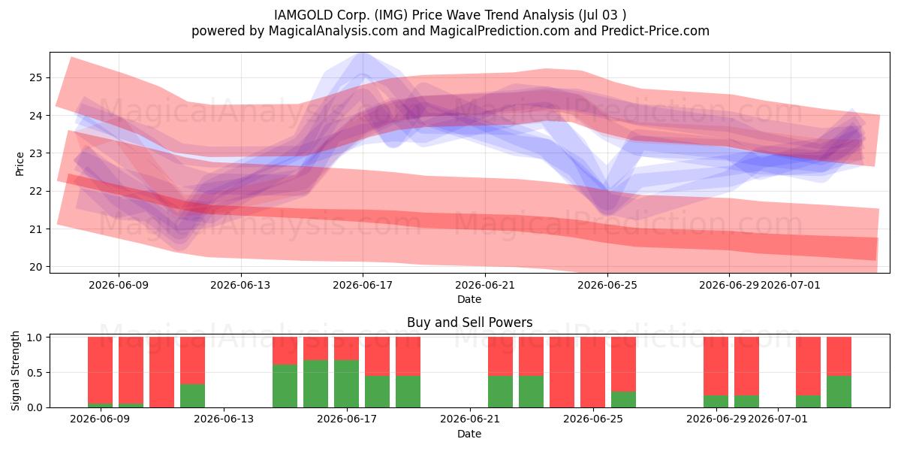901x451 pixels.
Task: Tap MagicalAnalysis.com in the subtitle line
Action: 333,31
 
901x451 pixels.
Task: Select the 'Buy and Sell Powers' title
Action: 469,322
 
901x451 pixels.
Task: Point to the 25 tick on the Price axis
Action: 36,77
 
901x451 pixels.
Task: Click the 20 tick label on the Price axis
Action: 36,267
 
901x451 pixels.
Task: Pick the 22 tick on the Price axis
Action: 36,191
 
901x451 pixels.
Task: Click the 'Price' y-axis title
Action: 20,164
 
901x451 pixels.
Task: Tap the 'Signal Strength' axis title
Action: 15,371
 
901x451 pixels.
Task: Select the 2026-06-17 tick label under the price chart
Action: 363,285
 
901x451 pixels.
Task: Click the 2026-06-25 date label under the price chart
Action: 607,285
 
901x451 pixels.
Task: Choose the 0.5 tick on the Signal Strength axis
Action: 35,373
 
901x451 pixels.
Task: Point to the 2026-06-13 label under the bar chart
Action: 224,419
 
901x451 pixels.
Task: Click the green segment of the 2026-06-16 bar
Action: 316,384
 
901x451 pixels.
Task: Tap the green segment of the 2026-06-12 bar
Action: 192,396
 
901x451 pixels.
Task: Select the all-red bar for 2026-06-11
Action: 161,372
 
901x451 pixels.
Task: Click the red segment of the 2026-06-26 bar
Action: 623,364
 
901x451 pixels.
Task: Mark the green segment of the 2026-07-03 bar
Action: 839,392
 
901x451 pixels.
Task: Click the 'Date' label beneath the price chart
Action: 469,299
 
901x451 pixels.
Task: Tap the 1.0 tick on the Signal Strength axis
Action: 35,337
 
